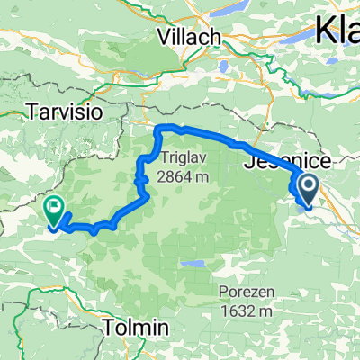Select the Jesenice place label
[288, 161]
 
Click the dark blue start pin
[308, 190]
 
